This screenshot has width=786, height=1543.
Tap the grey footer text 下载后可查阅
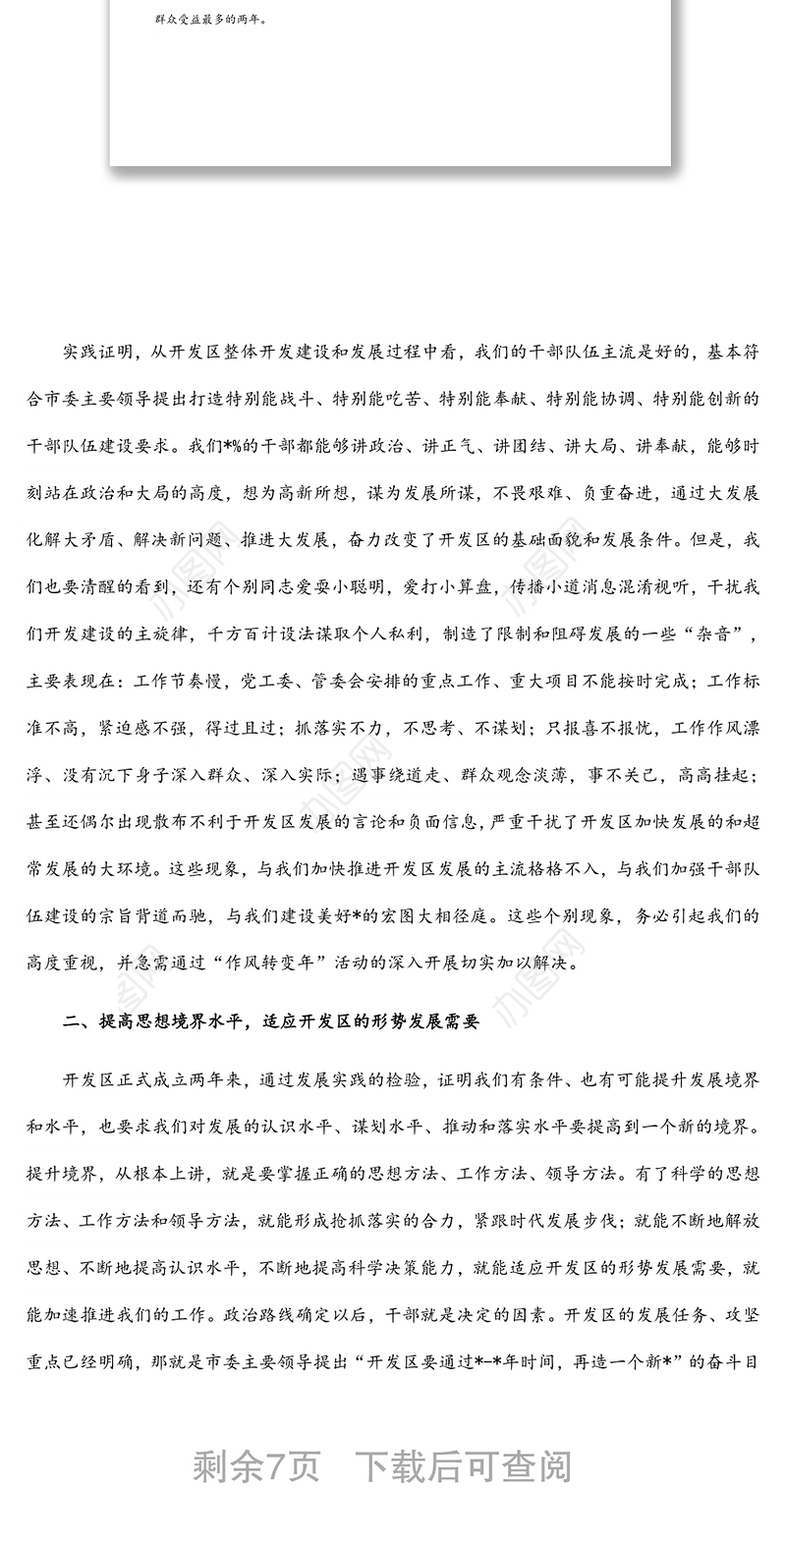463,1467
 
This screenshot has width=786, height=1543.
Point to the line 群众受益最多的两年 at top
210,18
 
